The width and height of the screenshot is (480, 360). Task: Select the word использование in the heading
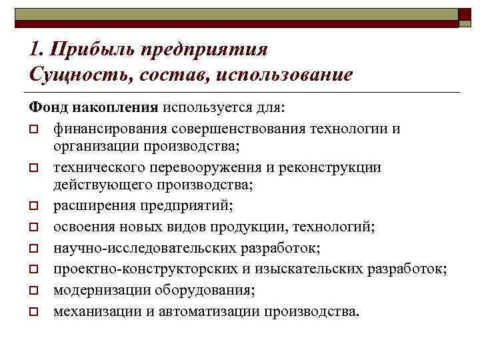[283, 74]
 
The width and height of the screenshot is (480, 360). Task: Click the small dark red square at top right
[465, 19]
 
